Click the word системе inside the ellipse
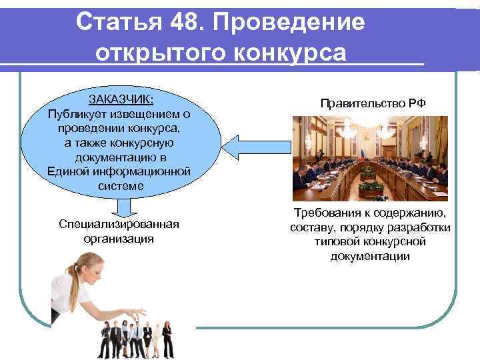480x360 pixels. pyautogui.click(x=120, y=187)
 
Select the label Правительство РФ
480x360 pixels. pyautogui.click(x=373, y=103)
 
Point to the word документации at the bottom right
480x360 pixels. pyautogui.click(x=370, y=256)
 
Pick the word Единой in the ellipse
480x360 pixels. pyautogui.click(x=69, y=171)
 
